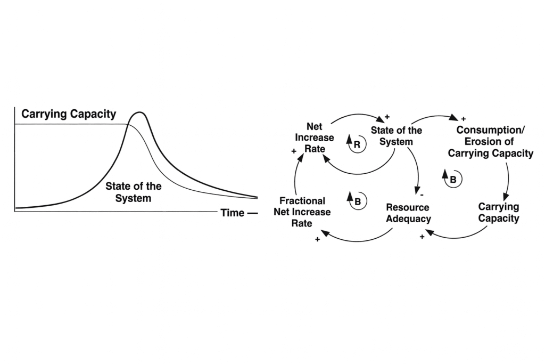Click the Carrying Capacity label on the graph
(69, 114)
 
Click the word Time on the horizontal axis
(233, 213)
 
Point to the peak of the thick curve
(139, 112)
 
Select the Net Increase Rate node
(315, 137)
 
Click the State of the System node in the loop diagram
(397, 136)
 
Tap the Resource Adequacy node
(408, 213)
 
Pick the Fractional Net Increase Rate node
(302, 212)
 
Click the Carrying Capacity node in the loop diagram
(499, 212)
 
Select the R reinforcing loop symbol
(357, 144)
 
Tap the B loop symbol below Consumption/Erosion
(453, 179)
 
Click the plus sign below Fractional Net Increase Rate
(317, 240)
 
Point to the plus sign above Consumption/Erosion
(463, 119)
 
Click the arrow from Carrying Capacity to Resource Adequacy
(458, 237)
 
